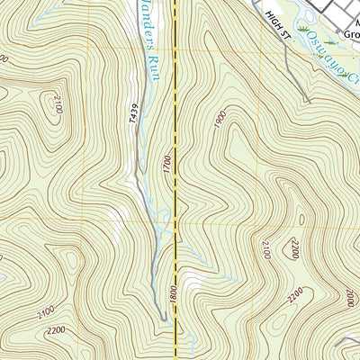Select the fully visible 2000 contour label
[x=350, y=296]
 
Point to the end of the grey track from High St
[x=309, y=102]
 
